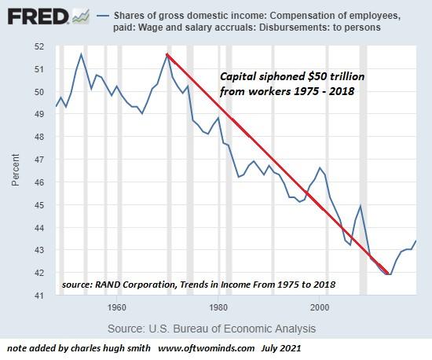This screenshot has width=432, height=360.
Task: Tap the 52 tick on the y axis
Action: tap(41, 46)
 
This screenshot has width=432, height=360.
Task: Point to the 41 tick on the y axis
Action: tap(41, 296)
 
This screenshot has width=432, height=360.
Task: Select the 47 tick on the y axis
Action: tap(41, 160)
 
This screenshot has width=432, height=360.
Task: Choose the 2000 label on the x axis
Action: tap(319, 307)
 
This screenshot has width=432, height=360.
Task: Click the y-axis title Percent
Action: tap(16, 171)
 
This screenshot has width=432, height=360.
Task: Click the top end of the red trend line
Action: tap(167, 53)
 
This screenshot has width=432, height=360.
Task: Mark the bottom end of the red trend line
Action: tap(388, 274)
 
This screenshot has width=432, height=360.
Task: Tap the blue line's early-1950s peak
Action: tap(81, 53)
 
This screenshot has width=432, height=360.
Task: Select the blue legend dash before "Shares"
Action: tap(102, 16)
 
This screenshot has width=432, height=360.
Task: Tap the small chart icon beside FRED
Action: tap(79, 16)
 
